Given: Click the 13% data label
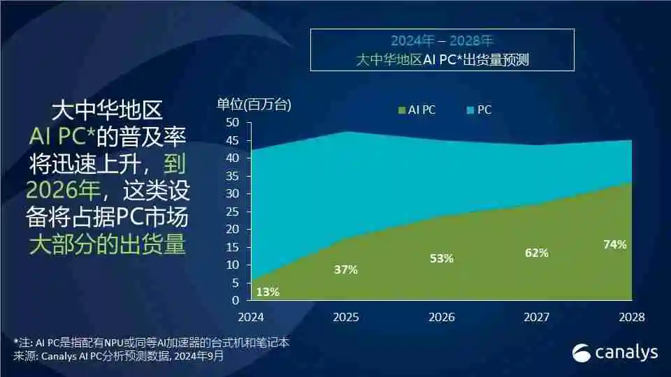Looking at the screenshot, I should (x=268, y=292).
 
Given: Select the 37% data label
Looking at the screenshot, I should (x=346, y=269).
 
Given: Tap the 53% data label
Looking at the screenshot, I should (x=442, y=258).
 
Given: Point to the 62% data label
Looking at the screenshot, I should (x=536, y=253).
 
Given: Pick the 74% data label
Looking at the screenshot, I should (x=614, y=244).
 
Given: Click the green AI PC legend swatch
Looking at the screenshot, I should (x=402, y=110).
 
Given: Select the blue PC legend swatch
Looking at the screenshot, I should (x=470, y=110).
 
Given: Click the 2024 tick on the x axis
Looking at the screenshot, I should (x=251, y=317).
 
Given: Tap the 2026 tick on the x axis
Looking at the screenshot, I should (x=442, y=317).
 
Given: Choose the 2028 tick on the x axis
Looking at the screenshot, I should (x=632, y=317).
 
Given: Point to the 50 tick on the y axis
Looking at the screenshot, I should (x=233, y=122).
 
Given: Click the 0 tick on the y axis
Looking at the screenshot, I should (x=236, y=300).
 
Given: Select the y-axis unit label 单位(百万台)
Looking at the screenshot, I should (x=254, y=105).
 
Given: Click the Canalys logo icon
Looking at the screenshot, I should (x=582, y=353).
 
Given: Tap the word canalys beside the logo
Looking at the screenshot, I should (x=626, y=353).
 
